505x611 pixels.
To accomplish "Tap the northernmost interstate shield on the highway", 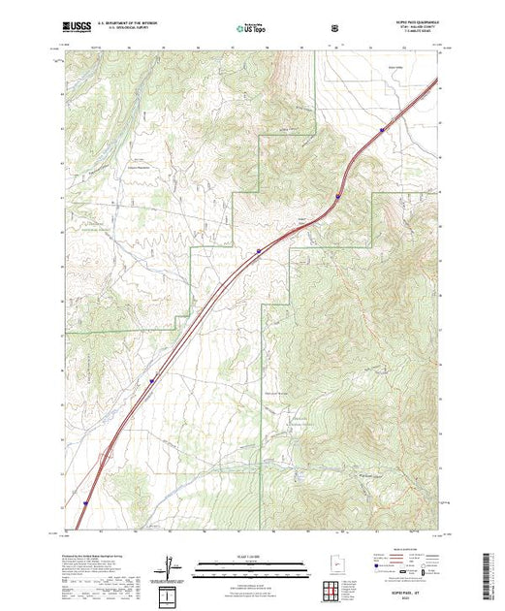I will tap(383, 126).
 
